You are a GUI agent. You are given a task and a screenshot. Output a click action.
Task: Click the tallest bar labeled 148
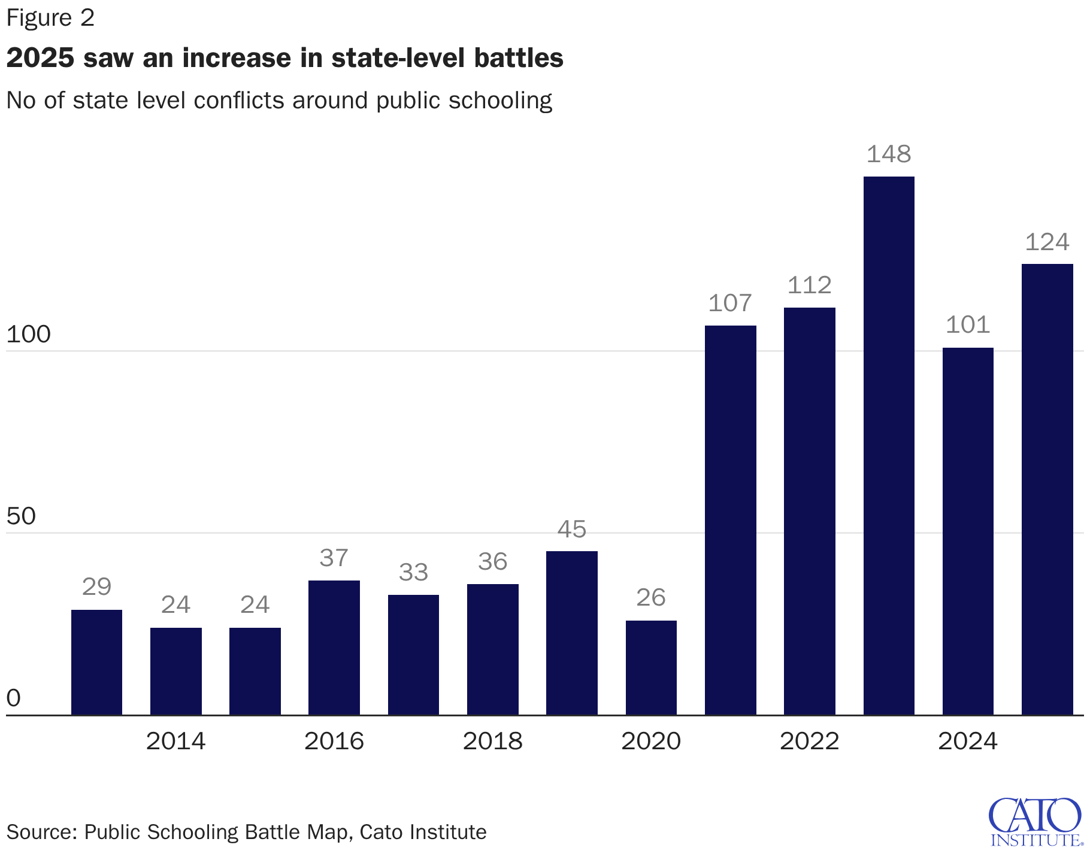point(889,445)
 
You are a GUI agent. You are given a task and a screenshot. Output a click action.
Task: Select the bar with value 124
point(1047,489)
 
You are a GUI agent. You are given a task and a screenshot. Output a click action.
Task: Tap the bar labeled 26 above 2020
point(651,667)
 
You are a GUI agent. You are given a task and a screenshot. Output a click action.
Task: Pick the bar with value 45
point(572,633)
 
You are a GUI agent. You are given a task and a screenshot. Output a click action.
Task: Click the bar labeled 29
point(96,662)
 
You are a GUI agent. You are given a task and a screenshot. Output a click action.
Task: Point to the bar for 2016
point(334,648)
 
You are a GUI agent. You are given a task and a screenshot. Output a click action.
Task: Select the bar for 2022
point(809,511)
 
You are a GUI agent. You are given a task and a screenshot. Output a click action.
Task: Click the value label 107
point(730,303)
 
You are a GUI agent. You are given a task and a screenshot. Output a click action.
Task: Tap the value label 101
point(968,325)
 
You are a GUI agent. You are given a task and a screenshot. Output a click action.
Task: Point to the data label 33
point(413,573)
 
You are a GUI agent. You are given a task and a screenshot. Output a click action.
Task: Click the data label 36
point(493,562)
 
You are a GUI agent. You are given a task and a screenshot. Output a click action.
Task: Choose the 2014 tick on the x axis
point(175,741)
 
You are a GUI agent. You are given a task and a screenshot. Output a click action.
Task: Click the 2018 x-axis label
point(493,741)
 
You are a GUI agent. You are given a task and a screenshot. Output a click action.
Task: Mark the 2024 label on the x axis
point(968,741)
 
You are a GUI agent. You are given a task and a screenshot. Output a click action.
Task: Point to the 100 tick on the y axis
point(28,335)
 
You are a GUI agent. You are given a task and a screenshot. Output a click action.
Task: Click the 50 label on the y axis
point(21,516)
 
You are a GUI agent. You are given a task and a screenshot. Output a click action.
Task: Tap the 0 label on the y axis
point(13,698)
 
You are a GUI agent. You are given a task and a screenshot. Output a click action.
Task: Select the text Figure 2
point(50,18)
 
